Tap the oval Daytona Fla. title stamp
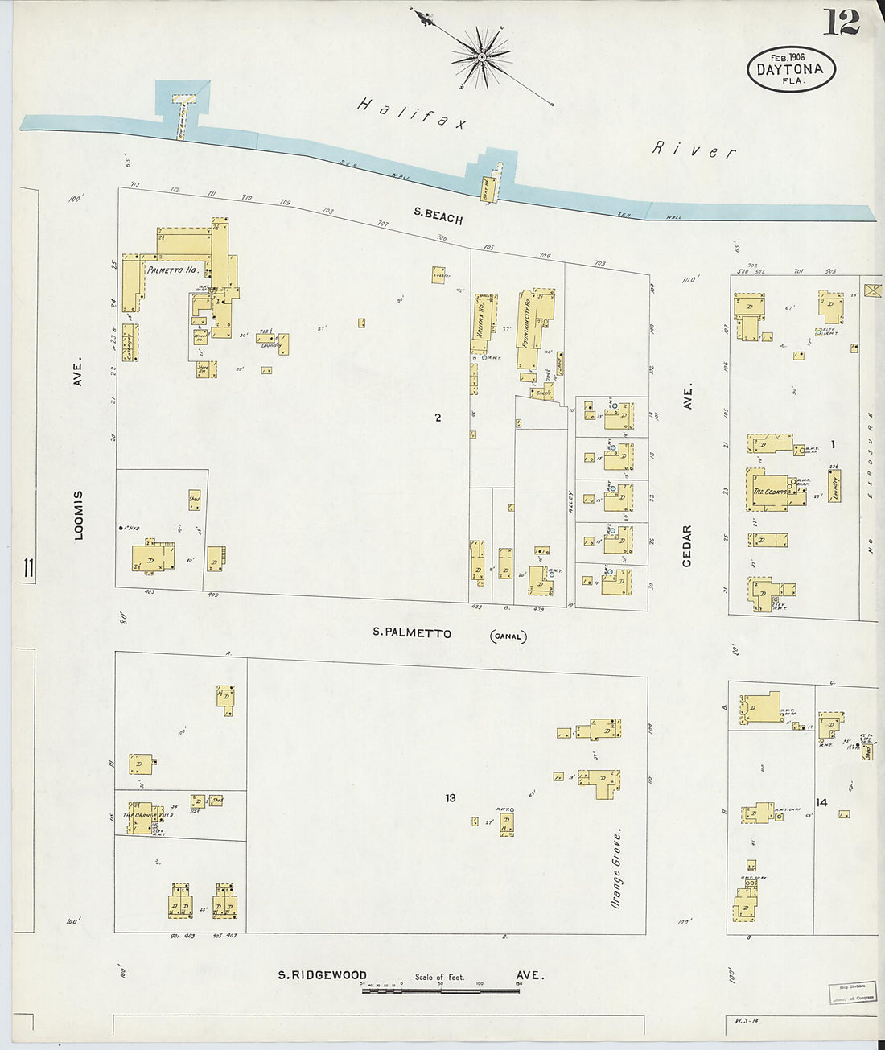791,68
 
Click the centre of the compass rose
483,57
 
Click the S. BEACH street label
438,214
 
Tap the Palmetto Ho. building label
172,271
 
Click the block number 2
438,418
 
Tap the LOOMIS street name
79,515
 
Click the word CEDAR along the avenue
687,546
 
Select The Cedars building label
770,492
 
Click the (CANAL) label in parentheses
508,636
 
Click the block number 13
451,798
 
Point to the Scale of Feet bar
440,990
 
